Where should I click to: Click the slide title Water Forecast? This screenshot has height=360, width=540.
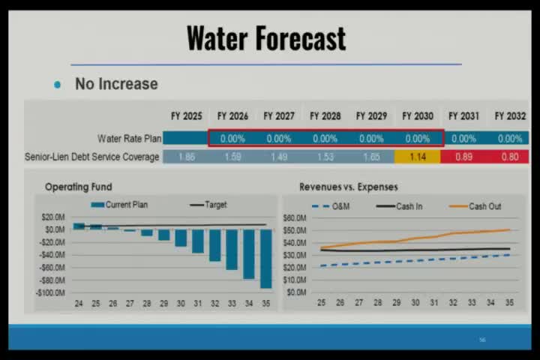[x=266, y=37]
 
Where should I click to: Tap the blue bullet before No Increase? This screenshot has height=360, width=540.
[x=58, y=85]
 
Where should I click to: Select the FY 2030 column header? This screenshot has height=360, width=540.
[x=418, y=116]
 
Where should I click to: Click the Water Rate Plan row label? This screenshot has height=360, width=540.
[x=127, y=139]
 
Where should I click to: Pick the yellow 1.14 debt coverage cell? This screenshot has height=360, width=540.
[x=418, y=157]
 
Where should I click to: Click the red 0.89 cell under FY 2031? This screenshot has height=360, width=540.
[x=463, y=157]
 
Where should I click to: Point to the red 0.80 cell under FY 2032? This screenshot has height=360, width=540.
[x=509, y=157]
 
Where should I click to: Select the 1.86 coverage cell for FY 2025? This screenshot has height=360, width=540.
[x=187, y=157]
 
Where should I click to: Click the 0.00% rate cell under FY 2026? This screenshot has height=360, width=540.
[x=232, y=139]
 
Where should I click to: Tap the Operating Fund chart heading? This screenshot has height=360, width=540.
[x=78, y=187]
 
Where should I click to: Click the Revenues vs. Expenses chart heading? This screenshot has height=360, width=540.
[x=348, y=187]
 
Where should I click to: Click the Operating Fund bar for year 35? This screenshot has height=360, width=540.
[x=266, y=258]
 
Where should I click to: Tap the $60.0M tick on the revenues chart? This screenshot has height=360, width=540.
[x=293, y=218]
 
